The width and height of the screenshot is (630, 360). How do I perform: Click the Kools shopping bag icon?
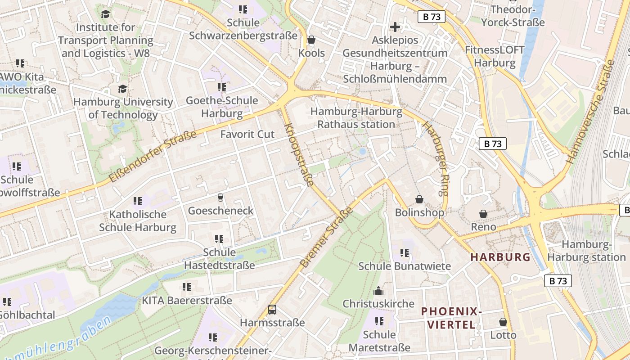tap(311, 40)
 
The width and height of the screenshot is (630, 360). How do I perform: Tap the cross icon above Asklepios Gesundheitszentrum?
tap(395, 27)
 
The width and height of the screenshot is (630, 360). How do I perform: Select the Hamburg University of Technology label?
tap(123, 108)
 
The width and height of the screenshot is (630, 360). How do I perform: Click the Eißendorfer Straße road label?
tap(153, 156)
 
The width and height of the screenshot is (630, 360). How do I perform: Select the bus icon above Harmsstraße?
tap(272, 309)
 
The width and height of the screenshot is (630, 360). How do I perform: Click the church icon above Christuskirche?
tap(378, 290)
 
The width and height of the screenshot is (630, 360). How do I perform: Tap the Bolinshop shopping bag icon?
tap(419, 199)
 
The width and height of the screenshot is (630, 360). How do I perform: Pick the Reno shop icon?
tap(483, 213)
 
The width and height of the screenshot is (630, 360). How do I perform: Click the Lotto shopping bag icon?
tap(503, 322)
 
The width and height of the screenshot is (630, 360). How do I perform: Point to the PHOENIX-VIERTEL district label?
tap(451, 318)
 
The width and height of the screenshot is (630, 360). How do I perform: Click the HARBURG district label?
tap(500, 257)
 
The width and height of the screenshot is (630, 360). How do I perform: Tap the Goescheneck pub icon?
tap(220, 197)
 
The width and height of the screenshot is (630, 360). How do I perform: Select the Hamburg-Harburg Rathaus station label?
tap(356, 118)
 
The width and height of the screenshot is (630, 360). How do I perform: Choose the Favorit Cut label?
tap(247, 134)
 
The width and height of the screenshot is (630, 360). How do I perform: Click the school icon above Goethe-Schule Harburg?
tap(221, 87)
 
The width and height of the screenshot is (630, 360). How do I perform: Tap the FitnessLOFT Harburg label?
tap(495, 56)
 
